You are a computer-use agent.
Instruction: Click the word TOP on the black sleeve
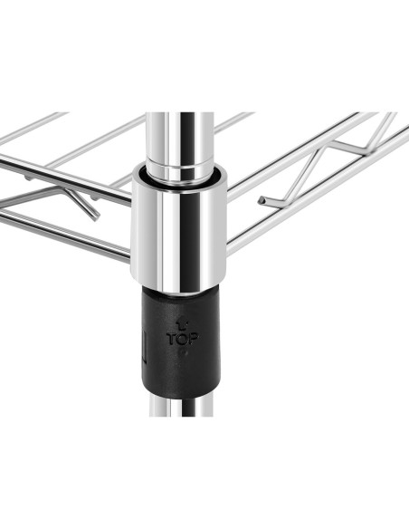point(182,339)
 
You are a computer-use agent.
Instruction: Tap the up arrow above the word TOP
point(182,325)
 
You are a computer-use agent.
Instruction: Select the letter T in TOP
point(172,339)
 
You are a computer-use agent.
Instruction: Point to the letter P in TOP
point(194,339)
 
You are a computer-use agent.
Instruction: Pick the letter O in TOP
point(183,339)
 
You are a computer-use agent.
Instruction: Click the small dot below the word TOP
point(183,353)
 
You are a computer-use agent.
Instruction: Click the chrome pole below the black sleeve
point(181,407)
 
